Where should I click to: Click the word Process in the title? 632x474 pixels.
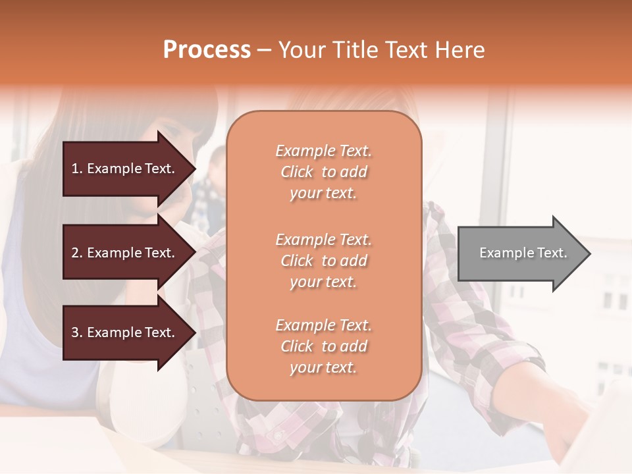click(207, 50)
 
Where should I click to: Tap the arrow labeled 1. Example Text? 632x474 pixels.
click(125, 169)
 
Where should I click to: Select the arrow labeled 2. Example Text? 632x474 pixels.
click(125, 253)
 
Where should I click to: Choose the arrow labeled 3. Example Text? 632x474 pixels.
click(125, 333)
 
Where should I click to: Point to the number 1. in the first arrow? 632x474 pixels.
click(76, 169)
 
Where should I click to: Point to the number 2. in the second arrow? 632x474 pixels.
click(76, 253)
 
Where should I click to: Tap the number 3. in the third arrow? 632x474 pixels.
click(76, 333)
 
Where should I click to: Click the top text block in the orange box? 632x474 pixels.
click(323, 172)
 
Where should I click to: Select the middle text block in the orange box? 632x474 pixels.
click(323, 261)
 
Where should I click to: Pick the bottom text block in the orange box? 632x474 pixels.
click(323, 346)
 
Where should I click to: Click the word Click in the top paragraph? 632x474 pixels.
click(297, 172)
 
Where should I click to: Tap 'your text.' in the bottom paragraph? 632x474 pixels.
click(323, 368)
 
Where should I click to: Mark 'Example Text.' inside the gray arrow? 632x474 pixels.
click(523, 253)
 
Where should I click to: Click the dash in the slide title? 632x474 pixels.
click(264, 50)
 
